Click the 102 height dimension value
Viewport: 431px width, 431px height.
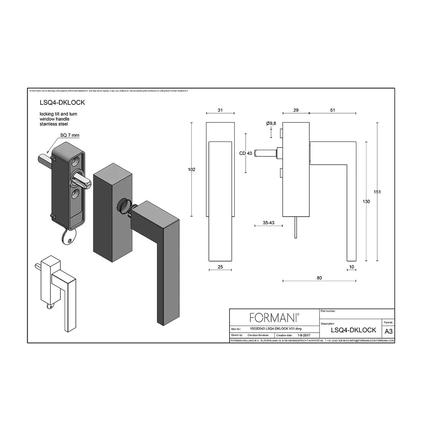pos(191,170)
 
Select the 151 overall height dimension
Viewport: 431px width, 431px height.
pos(377,192)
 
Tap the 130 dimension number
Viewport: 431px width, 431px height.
pos(366,202)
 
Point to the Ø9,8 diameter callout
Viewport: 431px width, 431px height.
pos(271,124)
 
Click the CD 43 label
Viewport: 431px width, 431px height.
pos(246,153)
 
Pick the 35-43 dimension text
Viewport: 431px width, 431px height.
pos(268,223)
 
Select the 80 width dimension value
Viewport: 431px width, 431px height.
pos(319,278)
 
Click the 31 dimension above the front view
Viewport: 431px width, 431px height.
pos(220,110)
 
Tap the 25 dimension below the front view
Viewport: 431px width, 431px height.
pos(220,267)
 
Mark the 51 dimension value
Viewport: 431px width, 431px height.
pos(332,110)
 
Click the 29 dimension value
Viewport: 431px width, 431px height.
pos(296,110)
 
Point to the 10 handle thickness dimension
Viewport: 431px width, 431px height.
pos(351,267)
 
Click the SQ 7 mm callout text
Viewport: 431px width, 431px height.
pos(70,135)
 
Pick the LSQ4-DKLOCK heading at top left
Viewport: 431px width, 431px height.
pos(62,102)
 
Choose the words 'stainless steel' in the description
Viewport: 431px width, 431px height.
pos(54,124)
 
